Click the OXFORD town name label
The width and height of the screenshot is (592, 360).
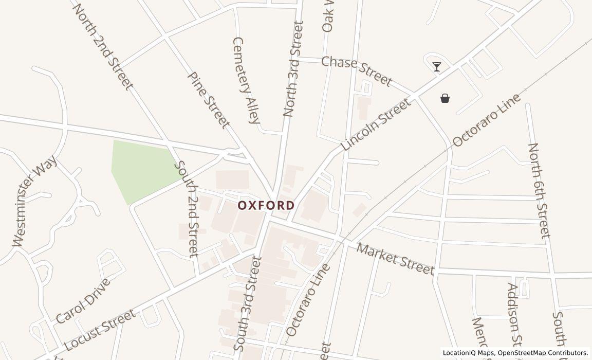pyautogui.click(x=266, y=206)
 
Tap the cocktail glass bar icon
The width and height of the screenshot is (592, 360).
pyautogui.click(x=437, y=67)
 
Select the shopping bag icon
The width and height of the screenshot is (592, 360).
pyautogui.click(x=445, y=98)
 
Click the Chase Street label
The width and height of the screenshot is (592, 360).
pyautogui.click(x=357, y=71)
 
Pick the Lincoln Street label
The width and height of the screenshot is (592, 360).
pyautogui.click(x=376, y=124)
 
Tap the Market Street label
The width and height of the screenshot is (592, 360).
pyautogui.click(x=395, y=259)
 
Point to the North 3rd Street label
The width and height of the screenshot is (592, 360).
pyautogui.click(x=294, y=69)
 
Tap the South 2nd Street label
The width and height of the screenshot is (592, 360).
pyautogui.click(x=187, y=208)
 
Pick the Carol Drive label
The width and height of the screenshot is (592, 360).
pyautogui.click(x=83, y=301)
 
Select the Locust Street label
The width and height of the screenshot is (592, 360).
pyautogui.click(x=100, y=330)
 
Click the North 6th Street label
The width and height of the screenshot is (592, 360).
pyautogui.click(x=539, y=190)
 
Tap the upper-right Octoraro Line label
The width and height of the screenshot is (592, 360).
pyautogui.click(x=486, y=120)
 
